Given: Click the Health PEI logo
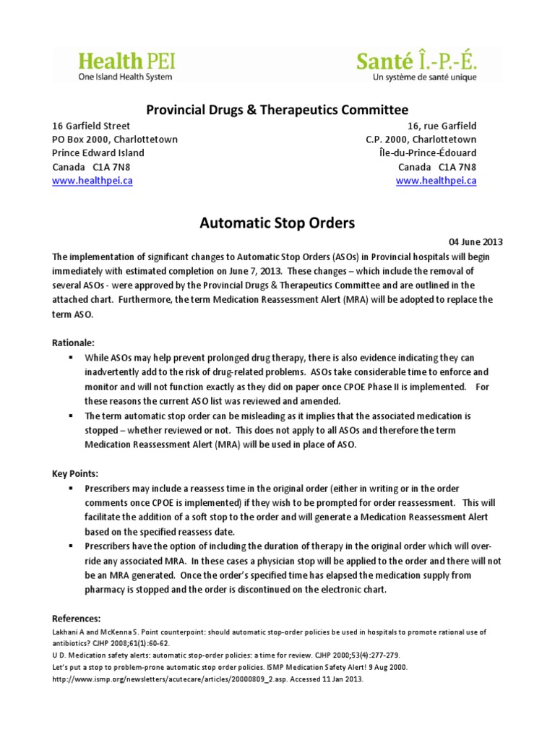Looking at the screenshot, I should [x=126, y=66].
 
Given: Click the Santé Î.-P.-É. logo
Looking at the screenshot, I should [x=417, y=66].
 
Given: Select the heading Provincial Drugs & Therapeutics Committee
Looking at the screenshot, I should [x=277, y=109].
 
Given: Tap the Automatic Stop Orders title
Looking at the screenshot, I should [x=277, y=223].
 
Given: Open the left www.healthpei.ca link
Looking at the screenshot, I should [x=92, y=181].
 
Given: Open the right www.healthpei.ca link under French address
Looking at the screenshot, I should [x=436, y=181].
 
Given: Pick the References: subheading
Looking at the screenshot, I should [x=77, y=619].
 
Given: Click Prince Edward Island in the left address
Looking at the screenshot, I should [x=98, y=153].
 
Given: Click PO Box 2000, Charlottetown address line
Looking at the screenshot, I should [x=115, y=139].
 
